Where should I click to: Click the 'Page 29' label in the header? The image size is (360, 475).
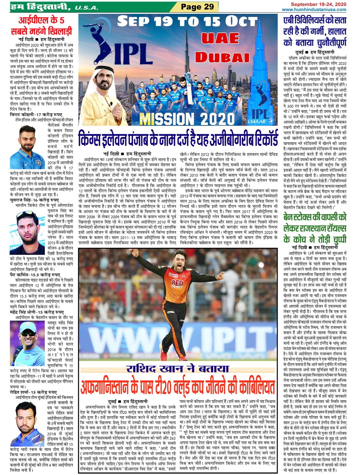tap(197, 6)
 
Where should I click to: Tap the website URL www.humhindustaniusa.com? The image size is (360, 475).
tap(314, 10)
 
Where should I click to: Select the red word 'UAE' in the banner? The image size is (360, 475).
tap(220, 38)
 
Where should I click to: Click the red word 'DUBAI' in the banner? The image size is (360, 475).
tap(222, 57)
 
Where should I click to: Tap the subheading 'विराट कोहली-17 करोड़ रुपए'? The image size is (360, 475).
tap(36, 115)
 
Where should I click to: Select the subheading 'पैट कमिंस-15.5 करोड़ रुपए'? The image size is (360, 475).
tap(35, 275)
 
